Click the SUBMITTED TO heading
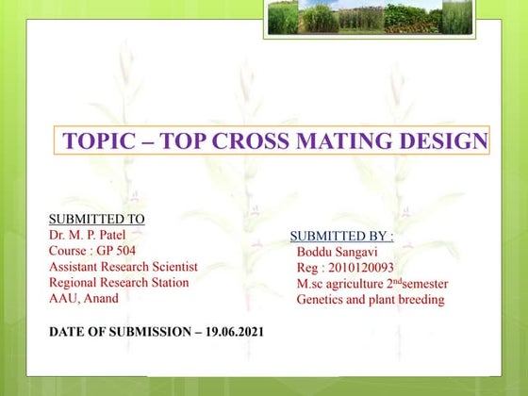pos(97,220)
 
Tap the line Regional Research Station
pos(119,283)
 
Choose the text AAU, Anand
pos(86,298)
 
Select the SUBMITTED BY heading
pos(341,236)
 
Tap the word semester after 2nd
pos(421,284)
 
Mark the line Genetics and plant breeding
pos(370,300)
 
